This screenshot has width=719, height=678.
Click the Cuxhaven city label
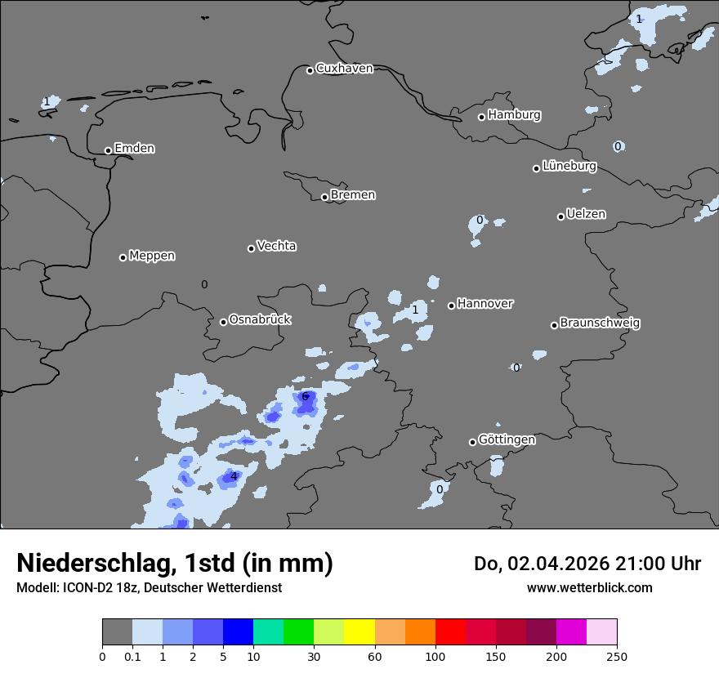pyautogui.click(x=344, y=69)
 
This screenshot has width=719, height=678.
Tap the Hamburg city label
pyautogui.click(x=514, y=115)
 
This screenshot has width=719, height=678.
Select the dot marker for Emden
pyautogui.click(x=108, y=150)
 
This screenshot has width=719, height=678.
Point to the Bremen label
pyautogui.click(x=353, y=195)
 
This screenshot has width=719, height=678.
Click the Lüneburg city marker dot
pyautogui.click(x=537, y=168)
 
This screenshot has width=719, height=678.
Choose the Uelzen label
pyautogui.click(x=586, y=215)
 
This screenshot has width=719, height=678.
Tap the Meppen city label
pyautogui.click(x=152, y=256)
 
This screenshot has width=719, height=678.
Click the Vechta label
pyautogui.click(x=276, y=246)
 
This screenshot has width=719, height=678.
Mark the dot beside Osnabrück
pyautogui.click(x=223, y=322)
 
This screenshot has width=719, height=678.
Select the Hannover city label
pyautogui.click(x=485, y=304)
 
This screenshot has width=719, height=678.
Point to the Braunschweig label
pyautogui.click(x=600, y=323)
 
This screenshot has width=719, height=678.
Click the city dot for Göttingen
pyautogui.click(x=472, y=442)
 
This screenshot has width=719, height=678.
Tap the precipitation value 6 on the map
pyautogui.click(x=305, y=397)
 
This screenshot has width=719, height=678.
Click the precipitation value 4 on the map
pyautogui.click(x=234, y=476)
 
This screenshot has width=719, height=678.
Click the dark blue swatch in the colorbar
pyautogui.click(x=238, y=632)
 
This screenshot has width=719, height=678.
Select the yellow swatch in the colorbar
pyautogui.click(x=359, y=632)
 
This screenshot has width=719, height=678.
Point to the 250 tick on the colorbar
pyautogui.click(x=616, y=655)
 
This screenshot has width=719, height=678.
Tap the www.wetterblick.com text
pyautogui.click(x=589, y=587)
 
